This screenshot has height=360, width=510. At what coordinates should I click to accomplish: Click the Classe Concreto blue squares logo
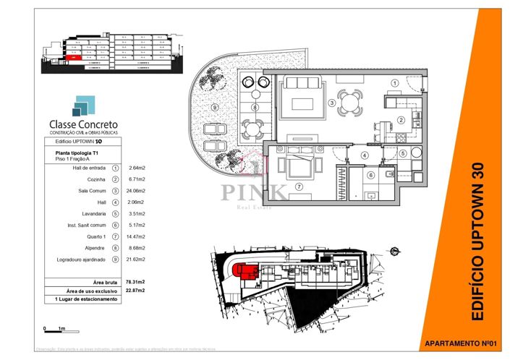click(81, 106)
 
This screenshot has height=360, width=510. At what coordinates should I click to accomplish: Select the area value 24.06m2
click(137, 190)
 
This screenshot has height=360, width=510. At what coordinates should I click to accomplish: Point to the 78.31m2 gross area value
click(137, 282)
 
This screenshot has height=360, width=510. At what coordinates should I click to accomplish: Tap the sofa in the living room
click(302, 100)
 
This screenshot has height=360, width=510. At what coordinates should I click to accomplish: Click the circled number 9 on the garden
click(216, 108)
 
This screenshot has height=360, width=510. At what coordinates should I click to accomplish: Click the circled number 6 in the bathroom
click(370, 175)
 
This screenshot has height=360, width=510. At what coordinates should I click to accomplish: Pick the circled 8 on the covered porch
click(255, 108)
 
